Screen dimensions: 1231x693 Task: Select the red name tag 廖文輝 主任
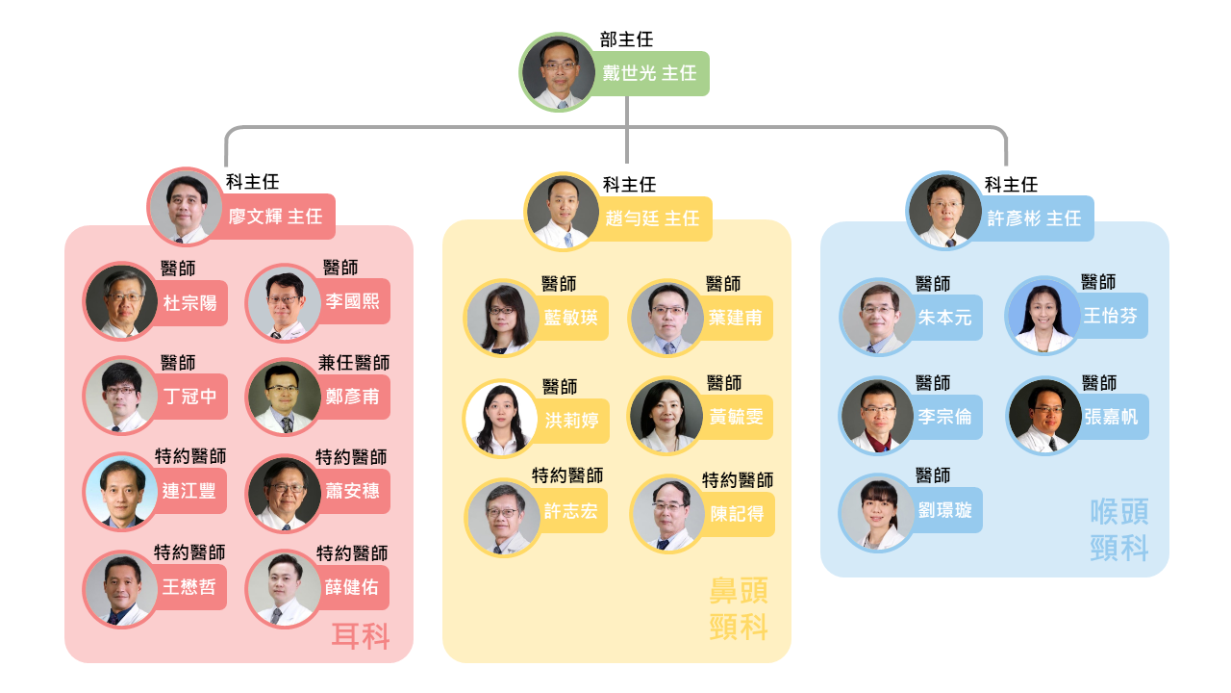pos(275,217)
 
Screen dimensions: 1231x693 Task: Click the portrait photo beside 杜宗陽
pos(122,301)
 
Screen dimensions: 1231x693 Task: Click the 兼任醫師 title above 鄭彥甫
pos(353,363)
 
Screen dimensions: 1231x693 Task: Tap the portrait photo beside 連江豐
pos(122,491)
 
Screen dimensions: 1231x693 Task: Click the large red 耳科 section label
pos(361,636)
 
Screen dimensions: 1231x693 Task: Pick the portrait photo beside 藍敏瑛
pos(502,318)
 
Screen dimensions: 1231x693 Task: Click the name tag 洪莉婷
pos(570,421)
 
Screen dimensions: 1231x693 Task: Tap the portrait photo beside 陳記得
pos(668,514)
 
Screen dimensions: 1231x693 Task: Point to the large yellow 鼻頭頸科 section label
pos(738,608)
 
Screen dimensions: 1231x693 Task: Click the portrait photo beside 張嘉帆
pos(1045,415)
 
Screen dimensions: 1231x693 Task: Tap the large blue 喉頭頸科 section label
pos(1118,529)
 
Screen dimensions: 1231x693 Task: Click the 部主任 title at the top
pos(626,39)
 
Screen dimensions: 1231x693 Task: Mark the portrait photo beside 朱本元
pos(879,317)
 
